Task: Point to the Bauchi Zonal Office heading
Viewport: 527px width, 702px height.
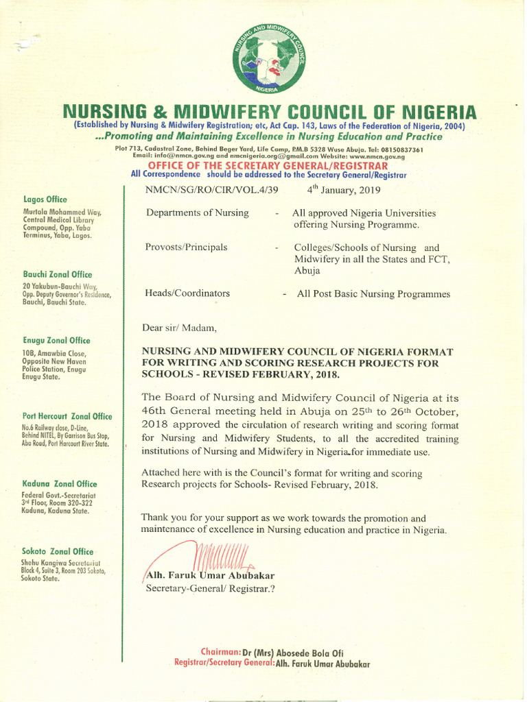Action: click(57, 274)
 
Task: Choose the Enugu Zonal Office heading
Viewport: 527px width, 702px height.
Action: click(56, 341)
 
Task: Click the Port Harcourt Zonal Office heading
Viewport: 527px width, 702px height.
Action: click(67, 416)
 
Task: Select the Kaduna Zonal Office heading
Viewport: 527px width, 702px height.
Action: click(60, 483)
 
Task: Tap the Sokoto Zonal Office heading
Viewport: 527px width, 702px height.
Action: click(58, 551)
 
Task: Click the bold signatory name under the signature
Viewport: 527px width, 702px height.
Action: click(210, 575)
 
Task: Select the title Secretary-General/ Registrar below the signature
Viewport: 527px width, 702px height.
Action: click(210, 588)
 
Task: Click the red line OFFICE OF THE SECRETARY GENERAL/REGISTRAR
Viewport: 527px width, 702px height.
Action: click(268, 166)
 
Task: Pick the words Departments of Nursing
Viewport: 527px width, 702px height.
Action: click(198, 213)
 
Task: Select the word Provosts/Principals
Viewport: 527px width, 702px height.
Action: click(187, 247)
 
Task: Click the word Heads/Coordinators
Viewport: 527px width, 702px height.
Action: click(188, 293)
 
